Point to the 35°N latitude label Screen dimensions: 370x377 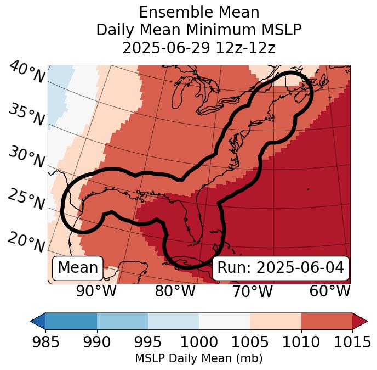[x=26, y=114]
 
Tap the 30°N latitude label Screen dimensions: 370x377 [x=26, y=158]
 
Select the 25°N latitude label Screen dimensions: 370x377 [x=26, y=199]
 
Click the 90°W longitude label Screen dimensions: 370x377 [x=96, y=291]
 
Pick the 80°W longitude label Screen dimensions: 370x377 [x=175, y=291]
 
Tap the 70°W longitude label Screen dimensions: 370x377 [x=252, y=291]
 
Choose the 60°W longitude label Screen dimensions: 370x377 [x=330, y=291]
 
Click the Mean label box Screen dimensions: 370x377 [x=78, y=268]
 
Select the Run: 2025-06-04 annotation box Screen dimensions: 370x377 [x=281, y=268]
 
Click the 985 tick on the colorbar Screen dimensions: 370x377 [x=45, y=342]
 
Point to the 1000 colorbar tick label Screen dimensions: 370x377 [x=199, y=342]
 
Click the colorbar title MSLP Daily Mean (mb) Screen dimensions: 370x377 [x=199, y=359]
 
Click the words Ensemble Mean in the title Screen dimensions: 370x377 [x=199, y=12]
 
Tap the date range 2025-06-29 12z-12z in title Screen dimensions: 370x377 [x=199, y=48]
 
